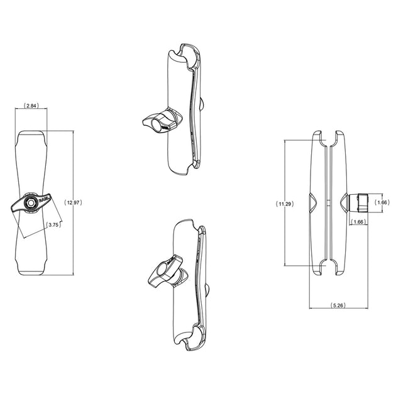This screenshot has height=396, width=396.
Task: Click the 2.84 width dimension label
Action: click(31, 106)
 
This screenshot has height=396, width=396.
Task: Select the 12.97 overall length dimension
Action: click(74, 202)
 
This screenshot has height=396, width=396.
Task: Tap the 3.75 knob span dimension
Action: click(53, 225)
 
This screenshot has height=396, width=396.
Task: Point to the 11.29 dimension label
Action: click(285, 204)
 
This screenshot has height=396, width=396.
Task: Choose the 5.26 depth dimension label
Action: click(338, 305)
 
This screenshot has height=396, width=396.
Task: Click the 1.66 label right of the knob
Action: click(380, 202)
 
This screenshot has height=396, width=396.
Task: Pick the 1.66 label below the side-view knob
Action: click(358, 222)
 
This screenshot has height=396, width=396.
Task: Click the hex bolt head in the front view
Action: click(31, 202)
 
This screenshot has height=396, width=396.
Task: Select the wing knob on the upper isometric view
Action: click(162, 121)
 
